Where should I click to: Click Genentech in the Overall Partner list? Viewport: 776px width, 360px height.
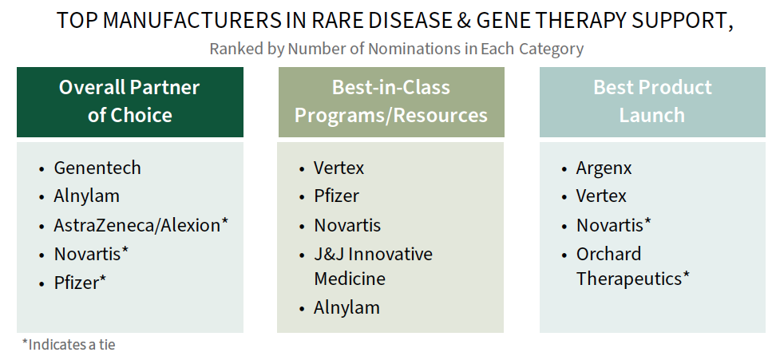click(x=97, y=168)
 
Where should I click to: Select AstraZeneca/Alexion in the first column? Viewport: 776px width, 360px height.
click(x=141, y=225)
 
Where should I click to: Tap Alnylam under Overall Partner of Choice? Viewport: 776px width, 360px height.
click(x=86, y=196)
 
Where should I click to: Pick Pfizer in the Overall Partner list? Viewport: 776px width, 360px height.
click(x=80, y=283)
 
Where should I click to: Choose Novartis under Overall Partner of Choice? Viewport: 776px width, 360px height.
click(x=92, y=254)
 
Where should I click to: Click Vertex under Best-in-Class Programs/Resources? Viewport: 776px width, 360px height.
click(x=339, y=168)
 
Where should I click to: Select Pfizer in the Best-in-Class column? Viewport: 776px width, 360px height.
click(x=337, y=196)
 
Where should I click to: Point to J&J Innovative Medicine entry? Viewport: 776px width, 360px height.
click(x=373, y=266)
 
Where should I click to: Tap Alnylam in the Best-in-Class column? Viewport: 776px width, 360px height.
click(x=347, y=307)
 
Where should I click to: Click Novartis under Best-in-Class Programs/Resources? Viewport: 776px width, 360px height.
click(x=347, y=225)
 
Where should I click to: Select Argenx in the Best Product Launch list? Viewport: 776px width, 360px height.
click(x=604, y=168)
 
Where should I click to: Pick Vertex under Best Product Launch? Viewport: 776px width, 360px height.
click(x=601, y=196)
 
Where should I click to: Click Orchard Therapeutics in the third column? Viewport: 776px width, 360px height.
click(x=633, y=266)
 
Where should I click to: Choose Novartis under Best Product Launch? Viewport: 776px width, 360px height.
click(x=614, y=225)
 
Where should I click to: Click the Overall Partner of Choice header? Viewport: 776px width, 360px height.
click(x=129, y=101)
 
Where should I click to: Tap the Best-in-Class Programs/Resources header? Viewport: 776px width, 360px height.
click(x=391, y=101)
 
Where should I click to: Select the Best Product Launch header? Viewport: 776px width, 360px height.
click(x=652, y=101)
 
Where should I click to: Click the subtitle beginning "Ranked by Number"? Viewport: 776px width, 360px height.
click(x=397, y=49)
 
